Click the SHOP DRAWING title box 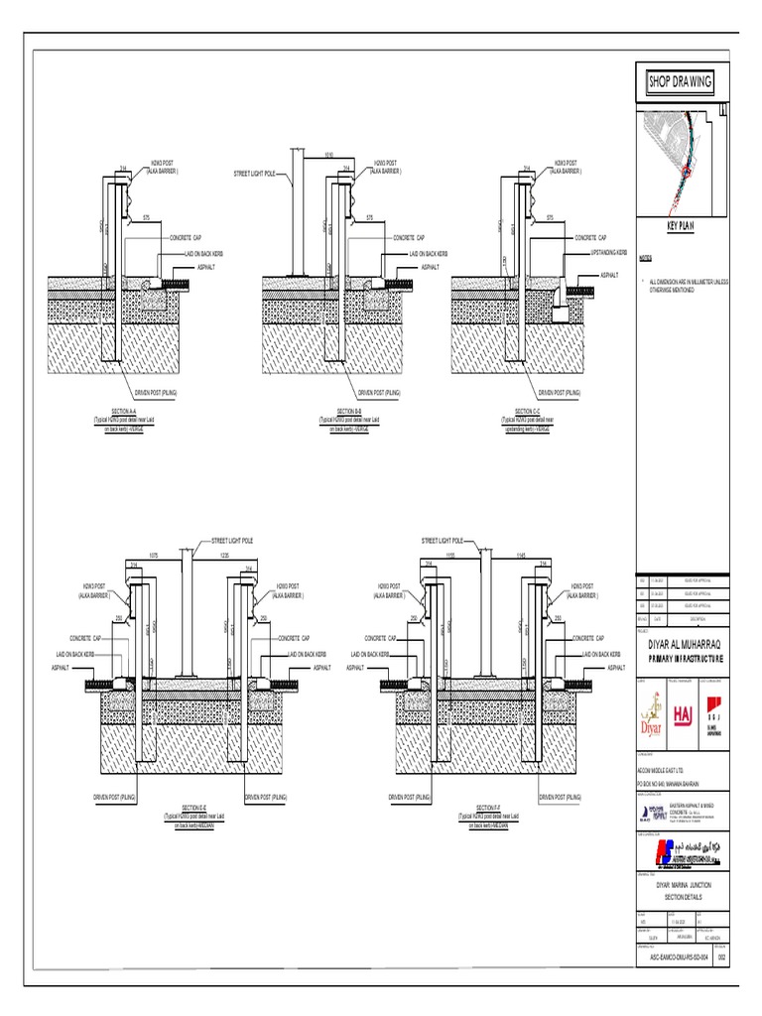coord(680,81)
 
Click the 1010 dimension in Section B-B coord(327,155)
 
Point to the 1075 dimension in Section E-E coord(154,555)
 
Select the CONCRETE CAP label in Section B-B coord(408,238)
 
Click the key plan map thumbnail coord(682,159)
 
